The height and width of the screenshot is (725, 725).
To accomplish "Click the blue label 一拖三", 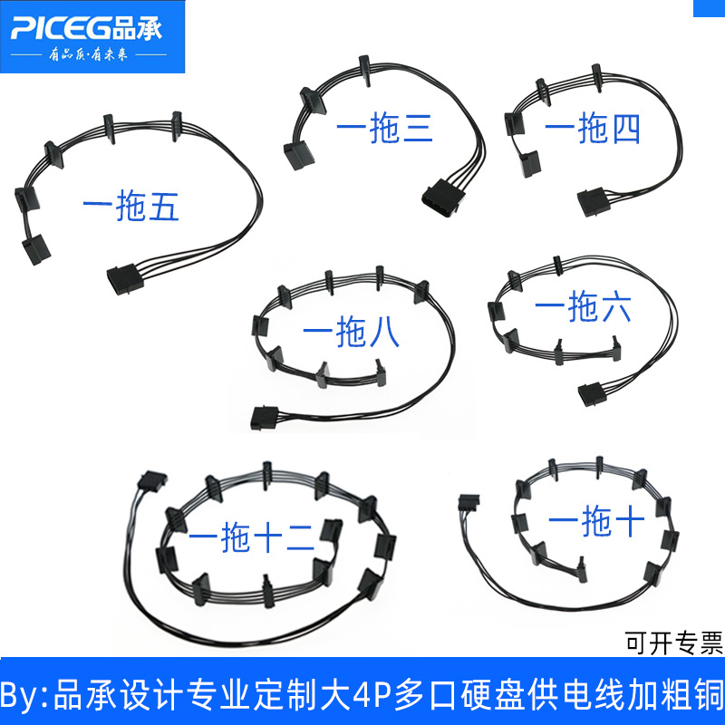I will pyautogui.click(x=384, y=130).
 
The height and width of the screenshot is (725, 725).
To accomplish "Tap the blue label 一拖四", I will pyautogui.click(x=593, y=129).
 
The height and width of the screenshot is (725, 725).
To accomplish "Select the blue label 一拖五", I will pyautogui.click(x=130, y=208).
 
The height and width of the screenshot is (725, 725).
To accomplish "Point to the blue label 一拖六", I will pyautogui.click(x=582, y=309).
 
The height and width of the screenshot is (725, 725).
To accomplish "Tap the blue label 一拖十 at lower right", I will pyautogui.click(x=596, y=519).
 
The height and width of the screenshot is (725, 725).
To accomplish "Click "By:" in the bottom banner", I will pyautogui.click(x=26, y=699).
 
